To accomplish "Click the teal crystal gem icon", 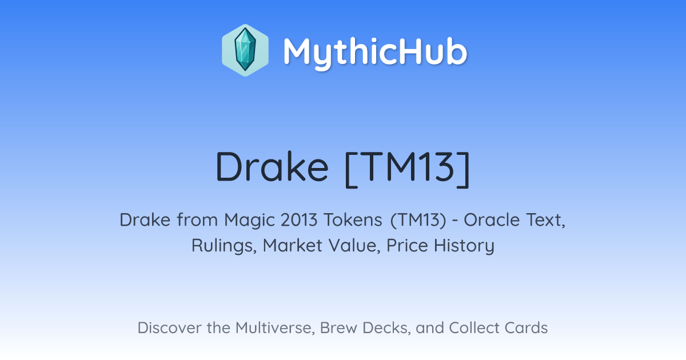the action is point(245,50).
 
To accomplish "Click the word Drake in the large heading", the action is point(272,167).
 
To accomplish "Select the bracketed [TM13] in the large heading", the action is point(407,169).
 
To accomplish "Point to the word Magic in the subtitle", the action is point(249,220).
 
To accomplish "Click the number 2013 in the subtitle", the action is point(299,220).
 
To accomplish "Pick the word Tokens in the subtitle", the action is point(353,220).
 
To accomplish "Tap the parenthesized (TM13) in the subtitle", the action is point(418,221).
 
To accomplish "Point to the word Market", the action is point(293,246).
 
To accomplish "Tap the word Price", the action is point(407,246).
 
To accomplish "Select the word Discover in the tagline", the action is point(169,327).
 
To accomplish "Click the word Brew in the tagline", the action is point(338,327).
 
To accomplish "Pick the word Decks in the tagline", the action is point(386,328).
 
